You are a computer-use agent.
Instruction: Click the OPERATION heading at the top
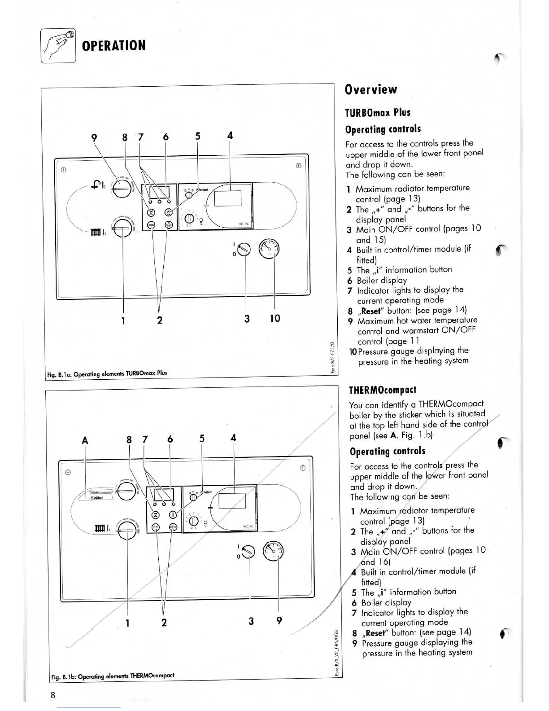[x=113, y=45]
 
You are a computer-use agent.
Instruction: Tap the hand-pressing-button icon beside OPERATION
[x=58, y=45]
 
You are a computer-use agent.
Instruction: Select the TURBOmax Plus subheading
[x=378, y=112]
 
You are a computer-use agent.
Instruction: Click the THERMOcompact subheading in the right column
[x=383, y=390]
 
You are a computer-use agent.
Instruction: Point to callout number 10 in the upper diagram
[x=274, y=319]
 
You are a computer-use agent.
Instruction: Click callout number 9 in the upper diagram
[x=94, y=137]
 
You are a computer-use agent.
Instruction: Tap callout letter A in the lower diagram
[x=85, y=441]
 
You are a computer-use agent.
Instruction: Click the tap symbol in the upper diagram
[x=96, y=184]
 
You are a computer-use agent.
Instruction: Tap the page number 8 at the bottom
[x=53, y=695]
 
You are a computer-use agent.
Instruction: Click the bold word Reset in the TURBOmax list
[x=371, y=311]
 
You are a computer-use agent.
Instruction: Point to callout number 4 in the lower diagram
[x=233, y=438]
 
